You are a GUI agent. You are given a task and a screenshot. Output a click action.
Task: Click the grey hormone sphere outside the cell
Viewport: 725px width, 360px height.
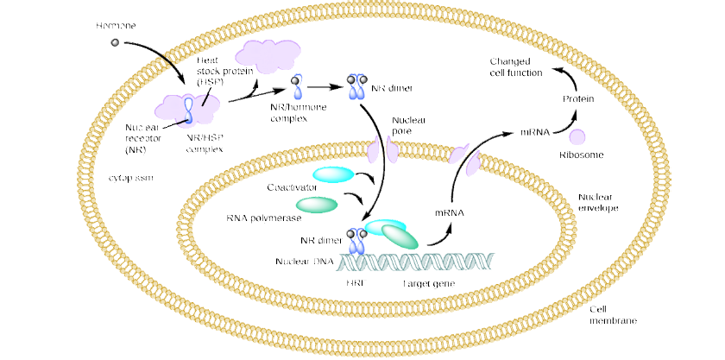coord(113,41)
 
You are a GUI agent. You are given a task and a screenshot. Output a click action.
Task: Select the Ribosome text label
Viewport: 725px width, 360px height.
coord(580,155)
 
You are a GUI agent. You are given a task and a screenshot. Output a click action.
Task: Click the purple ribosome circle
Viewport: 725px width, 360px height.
coord(577,136)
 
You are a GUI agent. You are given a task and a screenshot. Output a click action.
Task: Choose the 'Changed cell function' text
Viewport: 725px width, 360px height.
coord(516,67)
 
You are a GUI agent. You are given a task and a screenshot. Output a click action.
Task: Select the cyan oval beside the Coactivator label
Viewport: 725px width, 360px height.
coord(331,174)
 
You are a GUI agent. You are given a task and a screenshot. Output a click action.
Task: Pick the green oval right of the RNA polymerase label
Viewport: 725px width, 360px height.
coord(317,204)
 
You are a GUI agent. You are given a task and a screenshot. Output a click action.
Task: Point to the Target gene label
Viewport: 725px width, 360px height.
coord(428,283)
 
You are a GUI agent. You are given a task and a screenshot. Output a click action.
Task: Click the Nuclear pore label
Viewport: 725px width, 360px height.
coord(407,126)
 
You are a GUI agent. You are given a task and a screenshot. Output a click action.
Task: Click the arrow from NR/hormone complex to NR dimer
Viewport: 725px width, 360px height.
coord(324,86)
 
